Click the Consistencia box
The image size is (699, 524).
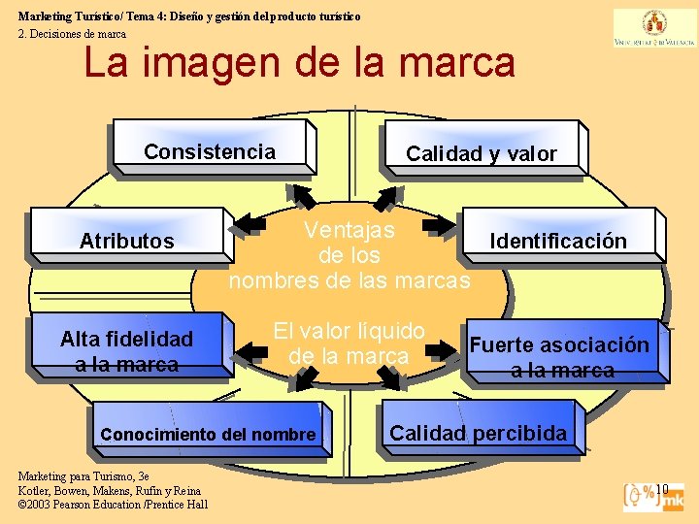coord(209,152)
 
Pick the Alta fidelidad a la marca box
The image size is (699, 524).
coord(127,350)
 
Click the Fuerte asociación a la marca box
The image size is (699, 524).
coord(560,356)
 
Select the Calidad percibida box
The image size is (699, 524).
coord(479,433)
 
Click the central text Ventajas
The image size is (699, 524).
coord(349,231)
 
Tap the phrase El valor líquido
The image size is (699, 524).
coord(349,330)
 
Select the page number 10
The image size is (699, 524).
coord(662,488)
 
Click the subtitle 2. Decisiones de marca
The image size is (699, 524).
coord(72,34)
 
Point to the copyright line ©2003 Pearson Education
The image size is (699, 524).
coord(113,504)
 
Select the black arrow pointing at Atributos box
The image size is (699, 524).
coord(250,224)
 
